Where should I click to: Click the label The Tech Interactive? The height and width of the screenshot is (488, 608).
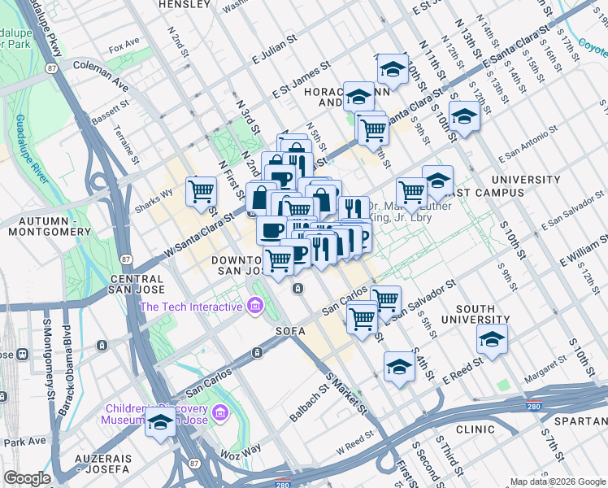(191, 307)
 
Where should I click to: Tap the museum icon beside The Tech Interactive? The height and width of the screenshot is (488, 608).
(255, 307)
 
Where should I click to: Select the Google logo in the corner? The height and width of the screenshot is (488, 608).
(27, 478)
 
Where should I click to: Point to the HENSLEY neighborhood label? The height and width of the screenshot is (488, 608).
(184, 4)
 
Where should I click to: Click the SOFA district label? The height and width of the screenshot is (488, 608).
(290, 331)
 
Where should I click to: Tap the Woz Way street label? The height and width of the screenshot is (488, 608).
(241, 449)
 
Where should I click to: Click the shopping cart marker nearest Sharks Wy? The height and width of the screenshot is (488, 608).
(202, 192)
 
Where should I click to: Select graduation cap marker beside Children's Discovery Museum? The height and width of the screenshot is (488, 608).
(161, 423)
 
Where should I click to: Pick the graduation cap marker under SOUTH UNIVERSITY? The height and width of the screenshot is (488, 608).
(492, 338)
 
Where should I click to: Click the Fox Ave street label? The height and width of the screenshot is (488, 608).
(124, 49)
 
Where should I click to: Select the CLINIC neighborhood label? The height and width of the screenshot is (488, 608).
(475, 429)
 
